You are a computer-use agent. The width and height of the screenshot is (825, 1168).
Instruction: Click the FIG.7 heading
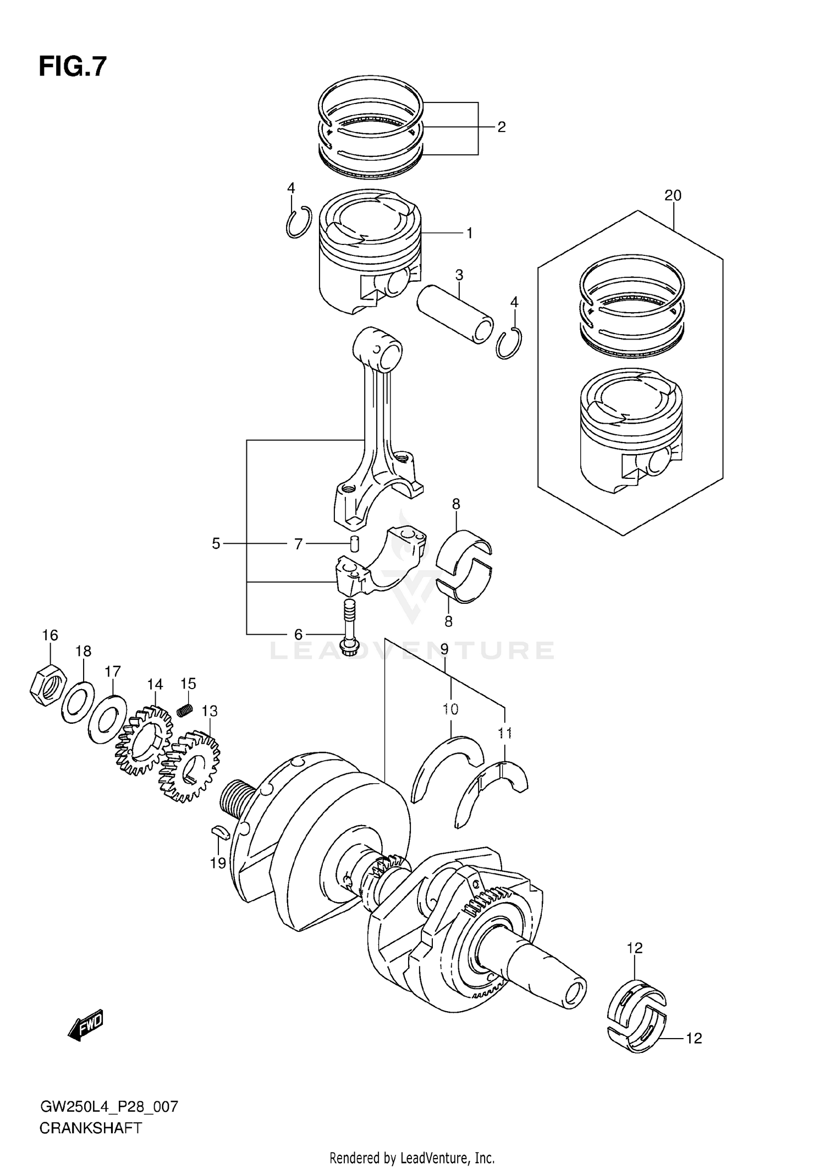coord(72,67)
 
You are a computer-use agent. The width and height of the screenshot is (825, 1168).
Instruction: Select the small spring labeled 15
coord(185,711)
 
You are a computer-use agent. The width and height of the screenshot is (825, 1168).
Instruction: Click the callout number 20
coord(673,195)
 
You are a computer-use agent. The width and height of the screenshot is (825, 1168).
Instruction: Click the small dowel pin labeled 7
coord(355,543)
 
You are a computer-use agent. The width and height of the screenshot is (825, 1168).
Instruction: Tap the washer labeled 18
coord(78,703)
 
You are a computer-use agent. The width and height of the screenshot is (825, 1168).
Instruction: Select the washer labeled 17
coord(108,719)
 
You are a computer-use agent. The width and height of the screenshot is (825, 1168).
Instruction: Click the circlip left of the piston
coord(299,222)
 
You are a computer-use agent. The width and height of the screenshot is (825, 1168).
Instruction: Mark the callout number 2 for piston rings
coord(501,127)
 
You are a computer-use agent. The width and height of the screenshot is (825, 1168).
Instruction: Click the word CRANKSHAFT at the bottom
coord(91,1128)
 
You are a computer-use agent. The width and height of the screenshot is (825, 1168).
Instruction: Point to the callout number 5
coord(216,544)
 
